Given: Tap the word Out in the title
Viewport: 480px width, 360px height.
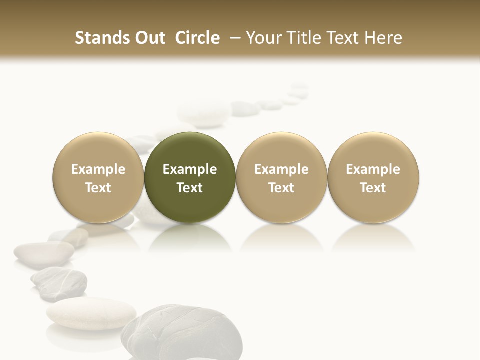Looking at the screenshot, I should coord(148,38).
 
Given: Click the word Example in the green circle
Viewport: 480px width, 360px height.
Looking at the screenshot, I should coord(190,169).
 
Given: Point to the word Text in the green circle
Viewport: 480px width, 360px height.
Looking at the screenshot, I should coord(190,188).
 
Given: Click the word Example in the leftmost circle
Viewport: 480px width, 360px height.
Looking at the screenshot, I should coord(98,169).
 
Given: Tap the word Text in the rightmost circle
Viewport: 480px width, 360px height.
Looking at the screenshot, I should coord(373,188).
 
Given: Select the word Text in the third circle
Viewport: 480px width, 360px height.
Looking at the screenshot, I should coord(281,188).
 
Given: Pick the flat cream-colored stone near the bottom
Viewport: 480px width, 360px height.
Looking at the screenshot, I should coord(91,314).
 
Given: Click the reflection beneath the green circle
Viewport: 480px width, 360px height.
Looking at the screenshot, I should coord(190,237).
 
